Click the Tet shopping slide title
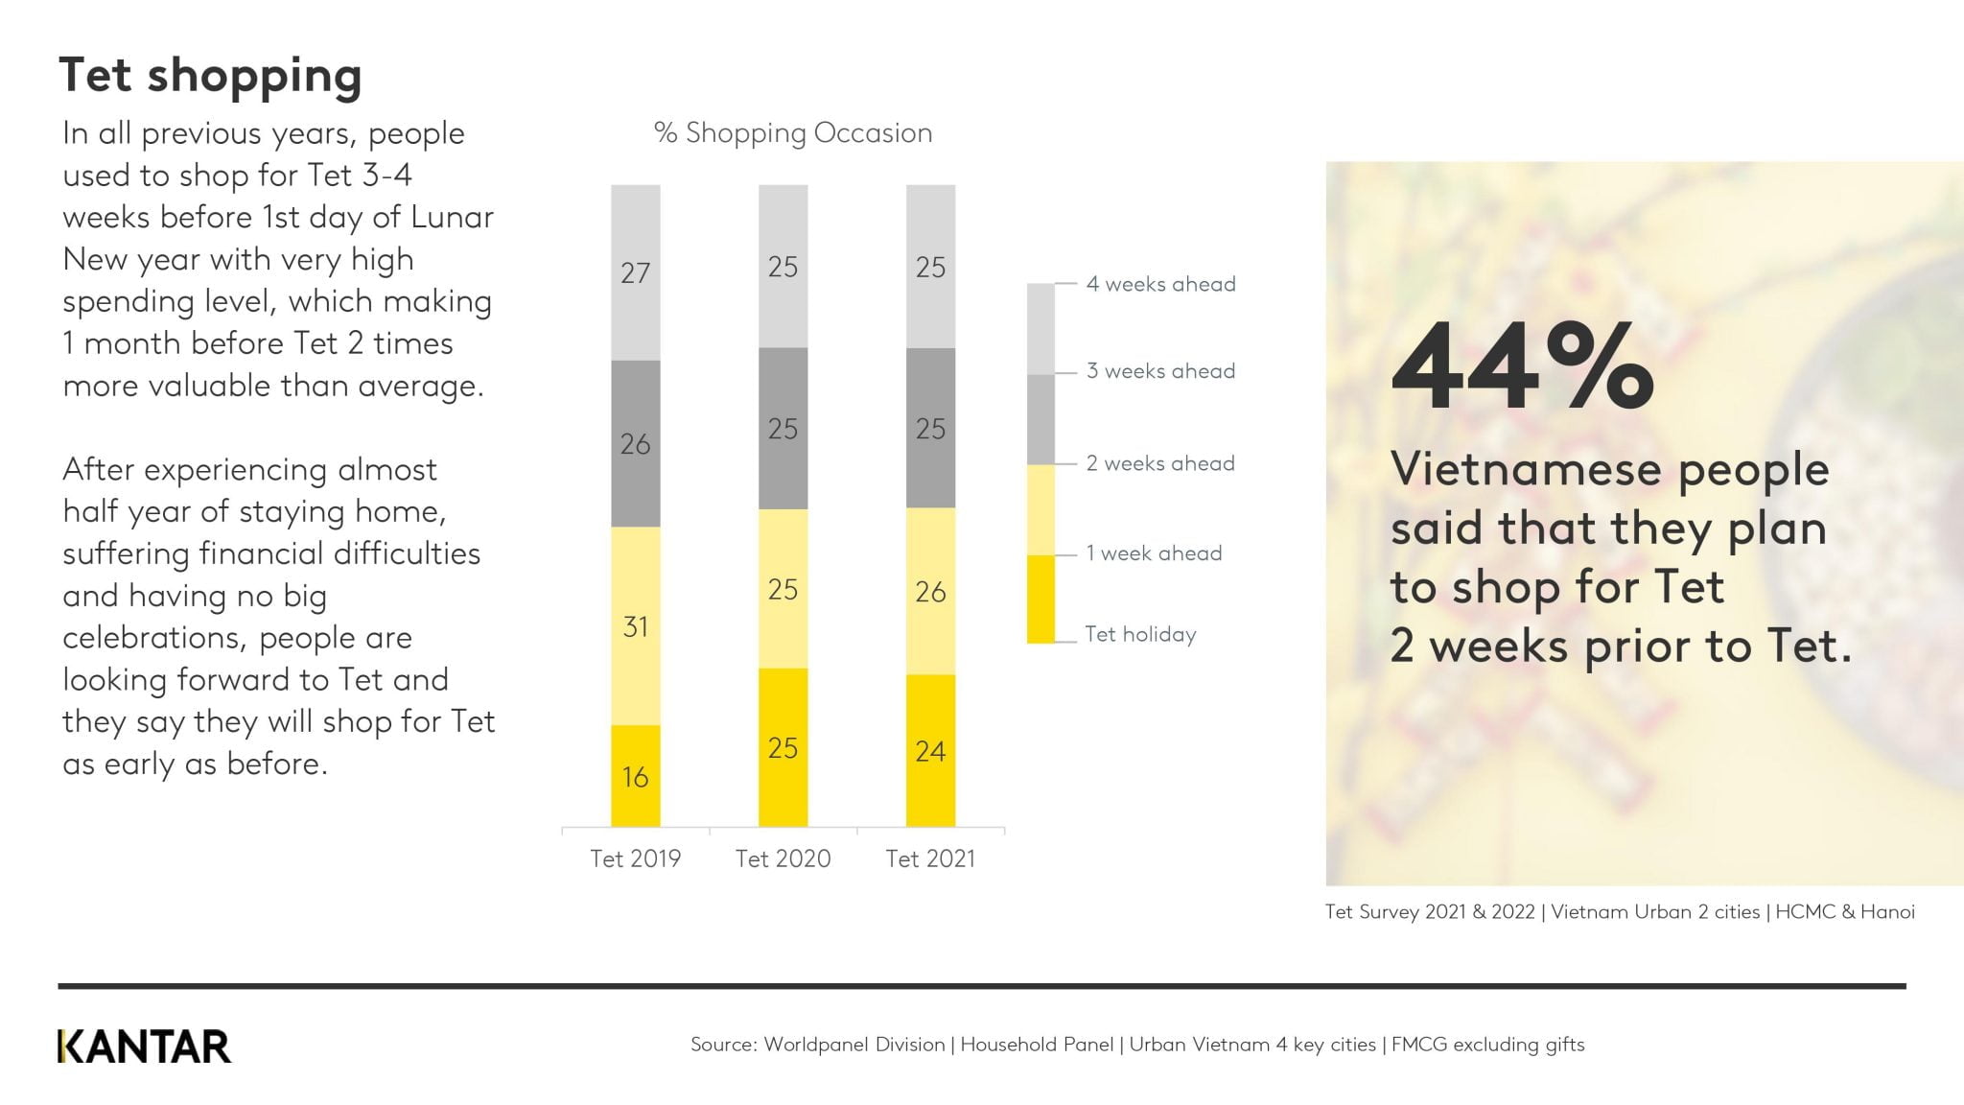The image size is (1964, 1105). click(x=210, y=76)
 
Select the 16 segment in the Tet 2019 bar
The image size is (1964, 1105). click(x=636, y=776)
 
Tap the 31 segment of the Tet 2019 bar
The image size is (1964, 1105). click(x=636, y=626)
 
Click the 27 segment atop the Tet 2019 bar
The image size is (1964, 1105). click(x=636, y=272)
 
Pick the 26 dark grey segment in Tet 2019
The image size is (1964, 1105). click(x=636, y=443)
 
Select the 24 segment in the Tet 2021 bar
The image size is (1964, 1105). click(x=930, y=751)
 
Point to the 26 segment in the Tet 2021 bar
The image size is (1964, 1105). click(x=930, y=591)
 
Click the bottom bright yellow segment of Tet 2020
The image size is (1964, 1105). click(x=783, y=747)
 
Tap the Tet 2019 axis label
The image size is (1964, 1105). click(x=636, y=858)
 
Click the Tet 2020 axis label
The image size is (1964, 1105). click(x=783, y=858)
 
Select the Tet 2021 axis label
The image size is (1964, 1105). click(x=930, y=858)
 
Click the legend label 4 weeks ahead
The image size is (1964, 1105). click(x=1160, y=284)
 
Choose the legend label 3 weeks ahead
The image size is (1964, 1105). click(x=1160, y=371)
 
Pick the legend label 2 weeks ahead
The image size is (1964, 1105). click(x=1160, y=463)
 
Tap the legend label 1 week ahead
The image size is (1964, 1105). click(x=1154, y=553)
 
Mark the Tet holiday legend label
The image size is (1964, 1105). click(x=1140, y=634)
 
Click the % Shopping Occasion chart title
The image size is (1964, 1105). click(x=793, y=132)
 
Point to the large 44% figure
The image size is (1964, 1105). click(x=1522, y=366)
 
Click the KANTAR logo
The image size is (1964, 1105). click(x=144, y=1046)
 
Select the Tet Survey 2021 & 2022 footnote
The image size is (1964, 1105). click(x=1620, y=911)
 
